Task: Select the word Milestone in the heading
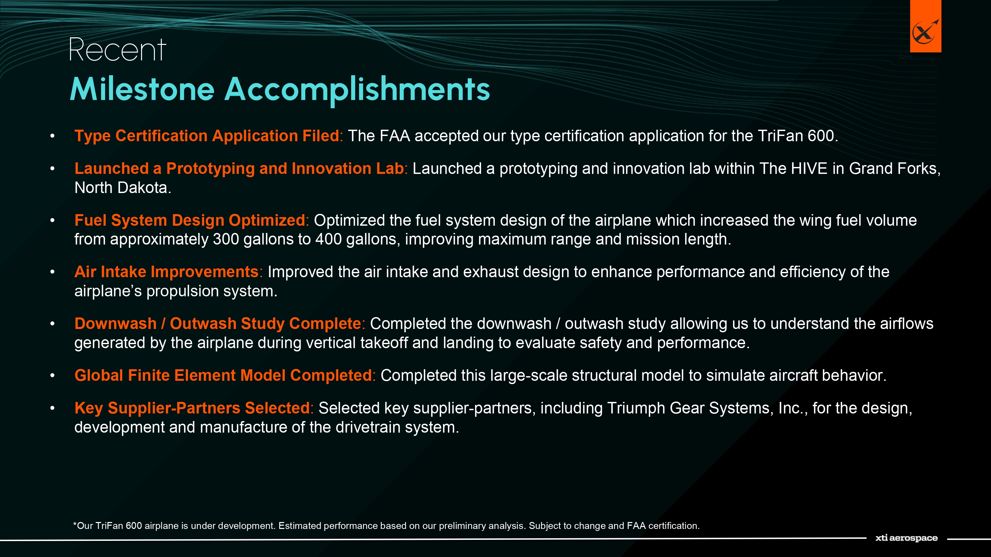tap(142, 89)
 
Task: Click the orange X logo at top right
tap(925, 26)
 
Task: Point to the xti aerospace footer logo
tap(906, 538)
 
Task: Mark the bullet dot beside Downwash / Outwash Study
tap(52, 324)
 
